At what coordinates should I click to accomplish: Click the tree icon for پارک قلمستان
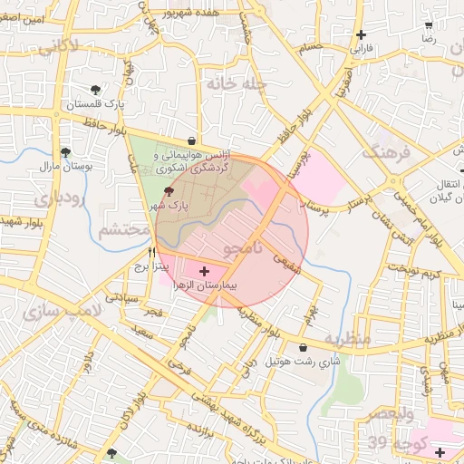point(96,89)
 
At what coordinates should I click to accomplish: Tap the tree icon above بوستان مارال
point(64,152)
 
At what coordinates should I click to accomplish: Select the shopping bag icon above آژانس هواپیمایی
point(192,141)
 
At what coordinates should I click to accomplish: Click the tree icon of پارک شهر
point(169,191)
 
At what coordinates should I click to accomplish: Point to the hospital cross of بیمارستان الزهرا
point(203,270)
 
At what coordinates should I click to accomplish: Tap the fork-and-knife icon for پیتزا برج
point(152,253)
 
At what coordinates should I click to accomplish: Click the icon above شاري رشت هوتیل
point(302,347)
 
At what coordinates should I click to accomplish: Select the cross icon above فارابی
point(361,34)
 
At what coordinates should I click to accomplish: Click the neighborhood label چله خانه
point(235,84)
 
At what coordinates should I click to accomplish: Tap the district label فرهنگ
point(387,151)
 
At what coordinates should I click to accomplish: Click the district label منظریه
point(348,339)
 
